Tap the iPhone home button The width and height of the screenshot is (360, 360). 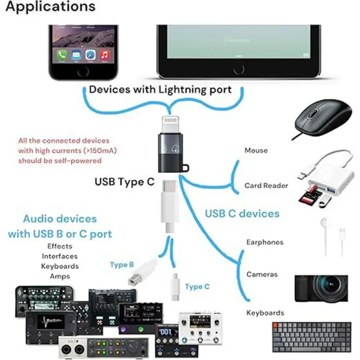tap(83, 71)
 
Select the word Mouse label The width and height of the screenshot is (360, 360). tap(256, 150)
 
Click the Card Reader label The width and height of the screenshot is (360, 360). tap(266, 185)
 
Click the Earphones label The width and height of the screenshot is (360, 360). tap(265, 242)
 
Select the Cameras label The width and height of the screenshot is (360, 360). tap(262, 274)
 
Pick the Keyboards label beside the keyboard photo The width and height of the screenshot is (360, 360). tap(265, 313)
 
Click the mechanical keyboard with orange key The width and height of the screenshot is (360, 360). tap(311, 336)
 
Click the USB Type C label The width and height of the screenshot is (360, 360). tap(124, 182)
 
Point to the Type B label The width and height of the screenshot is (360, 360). tap(122, 265)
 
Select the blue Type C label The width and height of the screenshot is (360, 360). tap(197, 287)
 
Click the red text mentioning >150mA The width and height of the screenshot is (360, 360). tap(68, 150)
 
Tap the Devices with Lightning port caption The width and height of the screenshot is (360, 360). tap(160, 90)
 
